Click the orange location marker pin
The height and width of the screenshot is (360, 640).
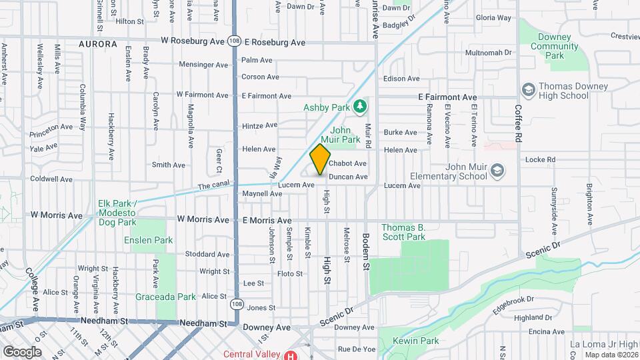click(x=321, y=159)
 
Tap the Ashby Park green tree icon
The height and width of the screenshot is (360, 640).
click(x=359, y=105)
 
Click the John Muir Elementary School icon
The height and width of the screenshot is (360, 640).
click(x=497, y=171)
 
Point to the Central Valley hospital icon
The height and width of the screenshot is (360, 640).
click(x=291, y=355)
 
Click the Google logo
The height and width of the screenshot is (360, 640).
click(x=22, y=351)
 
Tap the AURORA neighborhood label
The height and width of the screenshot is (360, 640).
click(x=97, y=44)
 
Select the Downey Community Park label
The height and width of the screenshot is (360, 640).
click(x=555, y=47)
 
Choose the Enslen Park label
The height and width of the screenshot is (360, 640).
click(x=149, y=240)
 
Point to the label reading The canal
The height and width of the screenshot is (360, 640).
click(x=213, y=186)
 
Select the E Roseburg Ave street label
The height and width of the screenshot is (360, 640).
click(x=274, y=43)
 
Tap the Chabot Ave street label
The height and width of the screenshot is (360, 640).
click(x=348, y=163)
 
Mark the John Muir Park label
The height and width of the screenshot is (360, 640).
click(x=345, y=135)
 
